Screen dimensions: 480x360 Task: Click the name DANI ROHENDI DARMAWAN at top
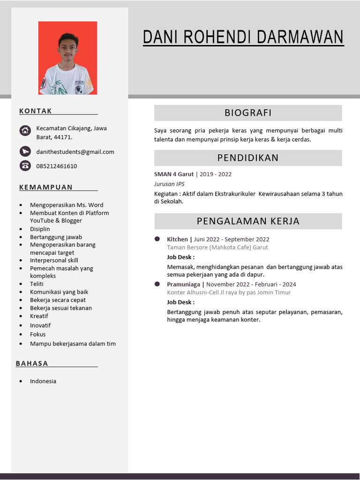coord(243,37)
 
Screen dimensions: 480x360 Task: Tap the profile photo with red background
coord(67,58)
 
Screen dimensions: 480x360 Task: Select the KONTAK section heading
coord(36,111)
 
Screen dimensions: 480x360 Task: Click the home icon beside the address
coord(25,131)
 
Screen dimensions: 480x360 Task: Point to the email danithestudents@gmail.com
coord(75,152)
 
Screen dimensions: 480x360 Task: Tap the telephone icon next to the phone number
coord(25,165)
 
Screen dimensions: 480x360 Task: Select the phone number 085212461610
coord(56,166)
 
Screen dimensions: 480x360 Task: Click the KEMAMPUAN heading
coord(46,187)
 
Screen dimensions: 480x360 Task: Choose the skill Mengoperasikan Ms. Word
coord(67,205)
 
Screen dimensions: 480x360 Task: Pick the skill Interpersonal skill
coord(54,260)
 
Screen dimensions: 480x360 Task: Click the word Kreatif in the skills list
coord(39,316)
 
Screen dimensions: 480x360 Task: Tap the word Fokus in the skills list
coord(38,334)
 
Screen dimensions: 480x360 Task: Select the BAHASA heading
coord(32,363)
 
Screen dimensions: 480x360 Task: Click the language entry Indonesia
coord(43,381)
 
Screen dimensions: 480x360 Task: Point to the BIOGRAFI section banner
coord(248,113)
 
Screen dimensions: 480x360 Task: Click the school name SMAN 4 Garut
coord(173,174)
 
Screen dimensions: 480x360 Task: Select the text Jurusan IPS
coord(169,184)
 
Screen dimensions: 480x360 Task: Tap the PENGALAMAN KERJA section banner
coord(248,221)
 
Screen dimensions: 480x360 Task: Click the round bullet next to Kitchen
coord(157,239)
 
